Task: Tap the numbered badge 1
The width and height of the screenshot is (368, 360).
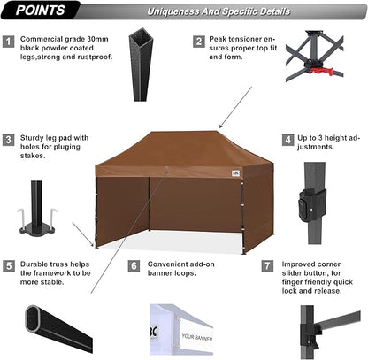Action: tap(9, 42)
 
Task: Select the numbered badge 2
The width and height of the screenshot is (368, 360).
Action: tap(197, 42)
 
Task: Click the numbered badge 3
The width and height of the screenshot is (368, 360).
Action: tap(9, 140)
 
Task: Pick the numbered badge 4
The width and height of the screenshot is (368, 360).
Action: tap(288, 140)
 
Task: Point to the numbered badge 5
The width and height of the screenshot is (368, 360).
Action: tap(9, 264)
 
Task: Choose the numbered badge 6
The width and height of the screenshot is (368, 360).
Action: tap(134, 264)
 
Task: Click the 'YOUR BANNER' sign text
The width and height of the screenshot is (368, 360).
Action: tap(200, 336)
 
